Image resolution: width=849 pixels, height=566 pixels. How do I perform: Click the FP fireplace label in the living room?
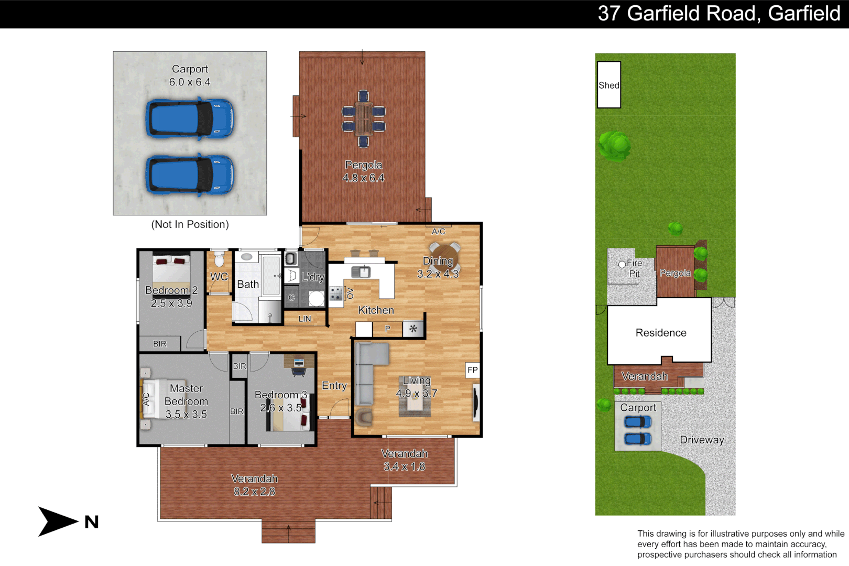click(472, 370)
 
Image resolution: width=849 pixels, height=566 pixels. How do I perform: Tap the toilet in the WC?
click(219, 258)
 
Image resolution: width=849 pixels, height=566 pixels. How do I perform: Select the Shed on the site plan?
click(608, 85)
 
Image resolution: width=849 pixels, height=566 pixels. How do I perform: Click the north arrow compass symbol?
click(58, 521)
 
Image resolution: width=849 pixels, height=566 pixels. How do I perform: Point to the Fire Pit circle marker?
click(622, 264)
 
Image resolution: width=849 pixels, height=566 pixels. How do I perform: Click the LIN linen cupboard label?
click(304, 319)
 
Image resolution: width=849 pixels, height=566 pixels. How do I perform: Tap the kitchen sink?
click(361, 272)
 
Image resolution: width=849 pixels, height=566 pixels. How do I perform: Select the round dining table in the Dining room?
click(444, 256)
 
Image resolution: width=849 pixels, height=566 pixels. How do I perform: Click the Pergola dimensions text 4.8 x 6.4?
click(363, 178)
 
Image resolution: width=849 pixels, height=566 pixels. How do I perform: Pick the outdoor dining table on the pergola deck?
click(363, 118)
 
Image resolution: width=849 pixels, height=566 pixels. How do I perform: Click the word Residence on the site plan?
click(660, 333)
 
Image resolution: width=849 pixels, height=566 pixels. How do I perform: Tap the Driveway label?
click(702, 440)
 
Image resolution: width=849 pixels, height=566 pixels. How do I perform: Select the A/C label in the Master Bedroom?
click(146, 399)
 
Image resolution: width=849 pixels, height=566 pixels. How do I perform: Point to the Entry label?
click(334, 386)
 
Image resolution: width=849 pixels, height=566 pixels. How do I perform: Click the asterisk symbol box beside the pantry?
click(413, 329)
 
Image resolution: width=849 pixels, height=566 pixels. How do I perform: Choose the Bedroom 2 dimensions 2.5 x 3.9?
click(171, 303)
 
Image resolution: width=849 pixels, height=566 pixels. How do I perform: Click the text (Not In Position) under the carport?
click(190, 224)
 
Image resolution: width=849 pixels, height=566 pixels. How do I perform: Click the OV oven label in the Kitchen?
click(350, 293)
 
